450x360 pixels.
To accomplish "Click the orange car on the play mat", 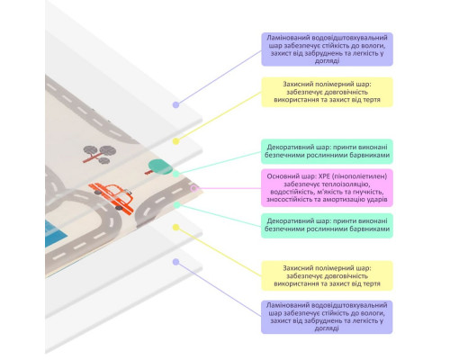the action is tap(112, 198).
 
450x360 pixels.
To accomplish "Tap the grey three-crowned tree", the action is tap(99, 154).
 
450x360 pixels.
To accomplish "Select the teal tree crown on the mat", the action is tap(160, 166).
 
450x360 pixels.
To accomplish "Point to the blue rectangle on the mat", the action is tap(56, 234).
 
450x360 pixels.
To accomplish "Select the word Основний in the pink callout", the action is tap(280, 176).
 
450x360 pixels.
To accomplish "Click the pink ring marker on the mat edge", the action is tap(194, 188).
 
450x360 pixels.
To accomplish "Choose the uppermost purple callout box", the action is tap(327, 49).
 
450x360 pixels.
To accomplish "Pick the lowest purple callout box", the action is tap(327, 317).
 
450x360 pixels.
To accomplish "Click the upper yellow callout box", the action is tap(327, 92).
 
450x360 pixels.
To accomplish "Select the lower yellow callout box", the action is tap(327, 275).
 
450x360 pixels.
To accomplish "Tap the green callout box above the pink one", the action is tap(327, 151).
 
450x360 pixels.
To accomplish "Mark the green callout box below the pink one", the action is tap(327, 225).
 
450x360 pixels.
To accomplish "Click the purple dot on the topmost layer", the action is tap(175, 104).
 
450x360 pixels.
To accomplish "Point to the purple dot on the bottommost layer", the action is tap(175, 262).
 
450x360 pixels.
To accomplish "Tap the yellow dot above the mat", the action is tap(175, 141).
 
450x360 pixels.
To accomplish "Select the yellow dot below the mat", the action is tap(175, 228).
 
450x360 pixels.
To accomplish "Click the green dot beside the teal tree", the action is tap(176, 174).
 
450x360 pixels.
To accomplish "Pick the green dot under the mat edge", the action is tap(177, 205).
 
